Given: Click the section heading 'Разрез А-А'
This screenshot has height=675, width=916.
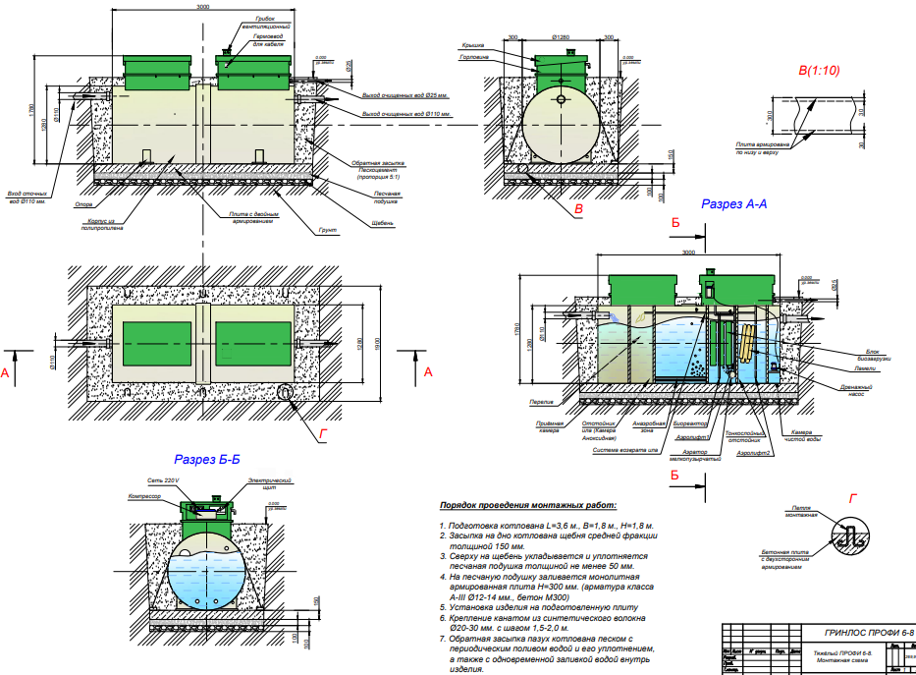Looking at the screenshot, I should click(732, 204).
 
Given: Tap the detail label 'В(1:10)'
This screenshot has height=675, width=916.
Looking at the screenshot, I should click(819, 71).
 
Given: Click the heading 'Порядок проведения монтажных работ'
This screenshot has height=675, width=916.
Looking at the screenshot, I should click(528, 505).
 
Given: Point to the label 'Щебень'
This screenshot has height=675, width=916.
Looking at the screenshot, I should click(383, 223).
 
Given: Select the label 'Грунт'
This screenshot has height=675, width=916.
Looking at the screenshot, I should click(328, 230).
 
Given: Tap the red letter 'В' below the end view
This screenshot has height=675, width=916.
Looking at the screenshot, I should click(579, 209).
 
